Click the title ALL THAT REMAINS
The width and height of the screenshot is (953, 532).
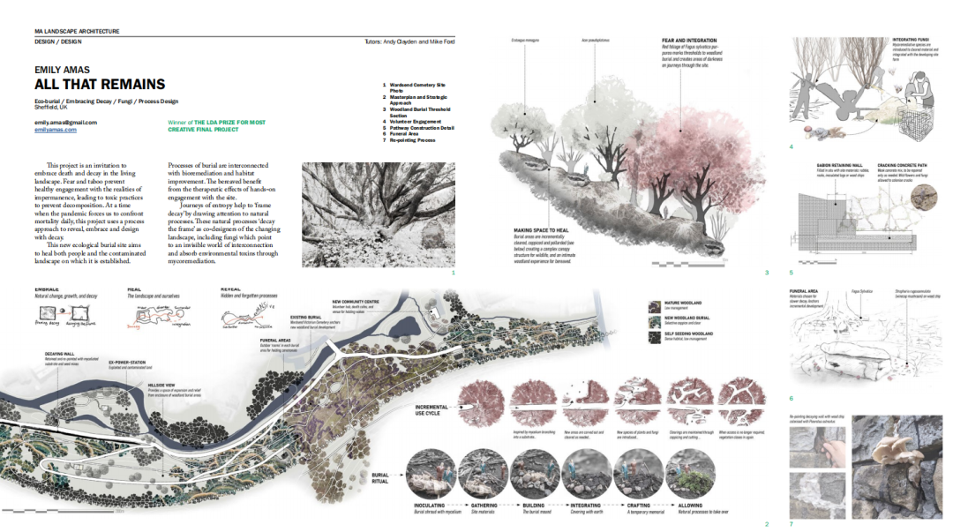(100, 85)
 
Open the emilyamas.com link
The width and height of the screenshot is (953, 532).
(56, 130)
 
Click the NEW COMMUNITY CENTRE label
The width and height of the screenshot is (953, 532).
(356, 301)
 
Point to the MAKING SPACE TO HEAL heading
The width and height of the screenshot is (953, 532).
(542, 230)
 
